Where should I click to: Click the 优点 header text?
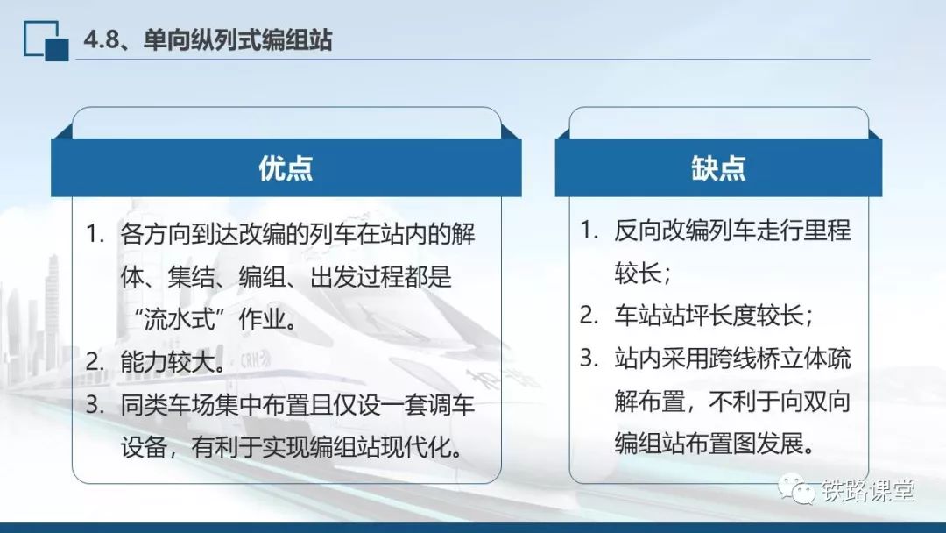(x=286, y=167)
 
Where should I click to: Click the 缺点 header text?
(x=718, y=167)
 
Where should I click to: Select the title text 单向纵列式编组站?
(x=237, y=39)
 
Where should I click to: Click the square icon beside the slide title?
(x=46, y=41)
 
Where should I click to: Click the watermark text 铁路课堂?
(x=867, y=490)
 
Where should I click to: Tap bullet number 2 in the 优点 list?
(x=95, y=362)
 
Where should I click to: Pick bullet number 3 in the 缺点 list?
(x=589, y=358)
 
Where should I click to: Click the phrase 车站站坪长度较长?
(x=709, y=316)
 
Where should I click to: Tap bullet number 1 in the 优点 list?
(x=95, y=233)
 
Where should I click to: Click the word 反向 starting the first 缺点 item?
(x=638, y=230)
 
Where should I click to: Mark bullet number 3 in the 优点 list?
(x=95, y=404)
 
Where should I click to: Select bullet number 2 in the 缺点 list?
(x=589, y=316)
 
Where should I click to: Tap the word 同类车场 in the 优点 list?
(x=167, y=404)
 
